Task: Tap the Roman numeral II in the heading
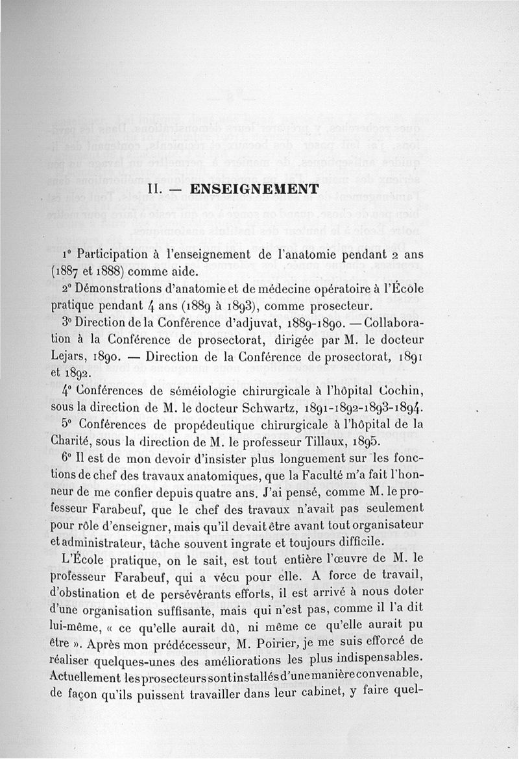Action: click(x=155, y=189)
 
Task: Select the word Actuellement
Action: click(x=88, y=676)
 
